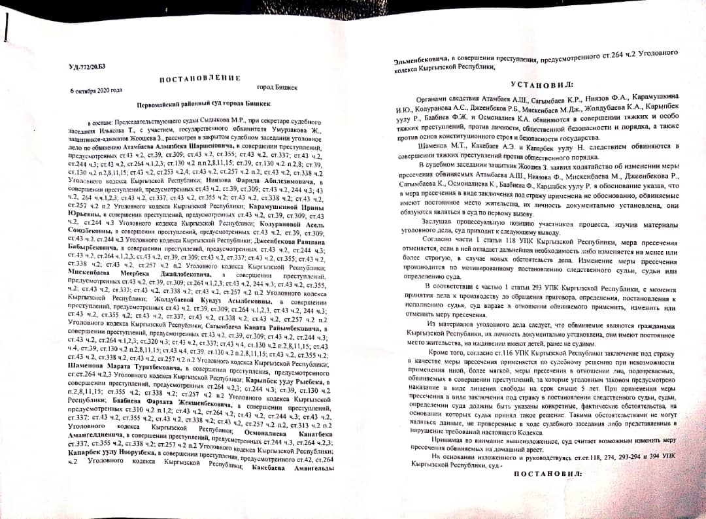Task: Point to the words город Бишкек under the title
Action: tap(277, 88)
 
